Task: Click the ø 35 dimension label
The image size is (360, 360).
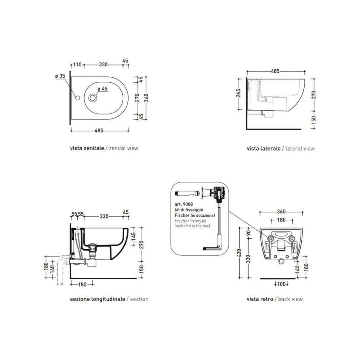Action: tap(60, 76)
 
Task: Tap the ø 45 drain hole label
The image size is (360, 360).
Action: tap(102, 89)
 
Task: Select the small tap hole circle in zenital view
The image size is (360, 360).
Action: tap(78, 98)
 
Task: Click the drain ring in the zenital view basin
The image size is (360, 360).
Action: tap(93, 98)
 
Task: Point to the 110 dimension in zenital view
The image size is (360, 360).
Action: tap(77, 64)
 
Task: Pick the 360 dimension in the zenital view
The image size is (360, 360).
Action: tap(146, 98)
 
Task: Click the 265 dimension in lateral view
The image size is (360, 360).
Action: tap(238, 93)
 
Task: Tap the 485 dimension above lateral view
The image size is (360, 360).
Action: tap(275, 71)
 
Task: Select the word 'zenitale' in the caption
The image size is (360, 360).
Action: tap(94, 148)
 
